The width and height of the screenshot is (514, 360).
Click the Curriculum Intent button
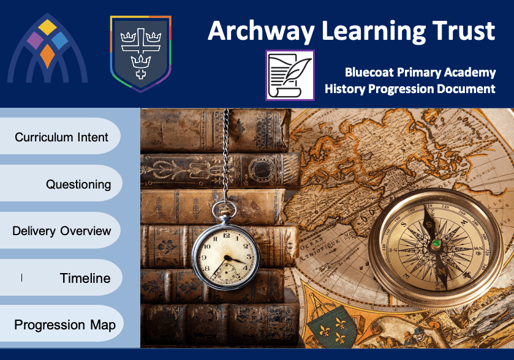click(x=60, y=136)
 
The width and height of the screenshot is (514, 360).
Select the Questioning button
click(x=61, y=183)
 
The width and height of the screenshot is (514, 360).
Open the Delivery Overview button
click(x=60, y=230)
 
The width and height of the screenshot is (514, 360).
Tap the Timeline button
click(x=61, y=277)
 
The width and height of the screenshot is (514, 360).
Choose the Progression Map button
click(x=62, y=324)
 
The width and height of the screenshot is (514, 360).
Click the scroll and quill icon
click(x=290, y=75)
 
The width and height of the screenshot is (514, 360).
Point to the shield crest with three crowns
click(x=141, y=54)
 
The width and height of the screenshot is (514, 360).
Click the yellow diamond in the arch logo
click(x=47, y=27)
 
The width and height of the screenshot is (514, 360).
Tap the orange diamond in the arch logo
click(x=48, y=56)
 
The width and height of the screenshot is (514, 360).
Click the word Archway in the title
click(x=261, y=32)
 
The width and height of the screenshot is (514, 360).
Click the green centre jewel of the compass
click(x=436, y=243)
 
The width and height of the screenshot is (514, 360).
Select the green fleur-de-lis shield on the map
click(x=331, y=328)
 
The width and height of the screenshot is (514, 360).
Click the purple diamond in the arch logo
click(x=35, y=40)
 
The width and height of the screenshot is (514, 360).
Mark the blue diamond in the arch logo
click(x=59, y=40)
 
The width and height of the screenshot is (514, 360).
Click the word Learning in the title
click(x=373, y=32)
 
